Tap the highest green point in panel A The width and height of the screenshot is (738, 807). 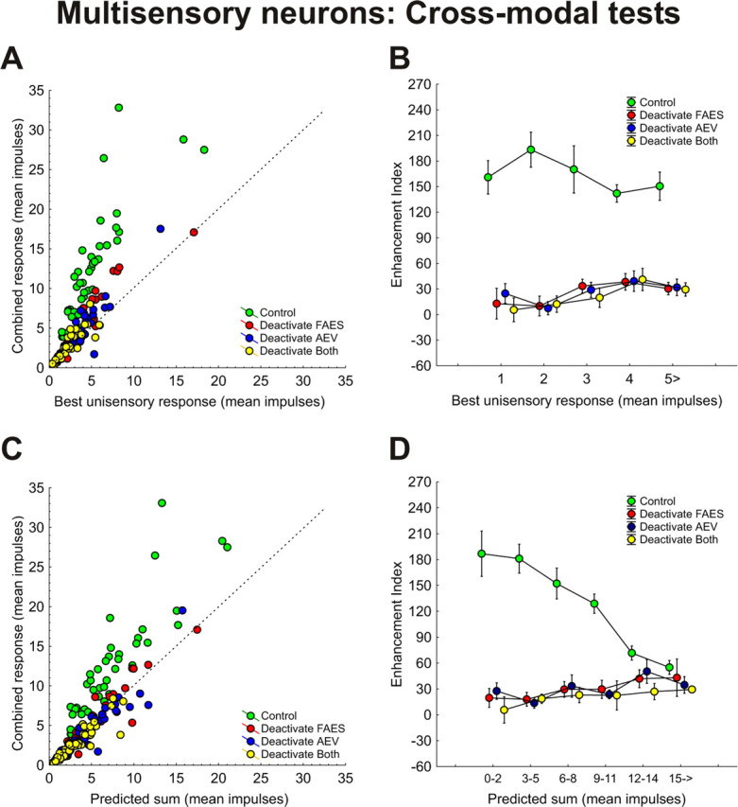pos(119,108)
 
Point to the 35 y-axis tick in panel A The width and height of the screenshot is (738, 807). pos(36,90)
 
